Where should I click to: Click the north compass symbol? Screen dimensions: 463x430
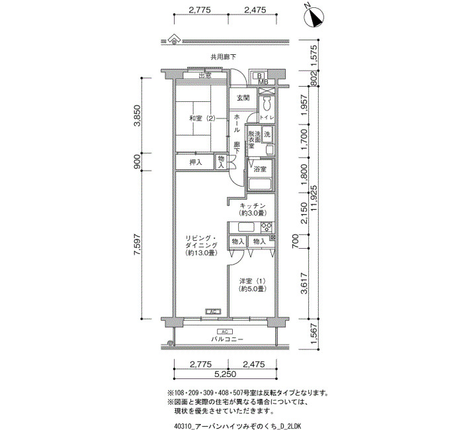point(314,17)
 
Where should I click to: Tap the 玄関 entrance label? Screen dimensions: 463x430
point(243,98)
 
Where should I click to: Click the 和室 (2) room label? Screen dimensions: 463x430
point(202,118)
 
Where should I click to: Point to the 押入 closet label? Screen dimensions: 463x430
point(195,162)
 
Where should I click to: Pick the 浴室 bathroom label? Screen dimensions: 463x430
point(260,169)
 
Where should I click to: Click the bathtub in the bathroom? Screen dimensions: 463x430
point(260,185)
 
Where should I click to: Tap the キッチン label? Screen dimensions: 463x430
point(253,206)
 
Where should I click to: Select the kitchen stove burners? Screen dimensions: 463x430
point(267,228)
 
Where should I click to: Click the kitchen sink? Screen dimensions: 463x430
point(246,228)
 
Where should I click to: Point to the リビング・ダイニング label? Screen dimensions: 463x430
point(201,241)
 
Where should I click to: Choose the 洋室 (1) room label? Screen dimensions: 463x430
point(253,280)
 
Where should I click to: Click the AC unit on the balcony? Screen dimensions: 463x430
point(224,331)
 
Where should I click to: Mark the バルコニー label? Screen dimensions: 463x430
point(228,339)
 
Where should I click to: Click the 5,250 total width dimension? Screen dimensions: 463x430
point(226,374)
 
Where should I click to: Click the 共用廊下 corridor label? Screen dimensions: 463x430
point(224,57)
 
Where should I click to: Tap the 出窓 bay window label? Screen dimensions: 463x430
point(205,76)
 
